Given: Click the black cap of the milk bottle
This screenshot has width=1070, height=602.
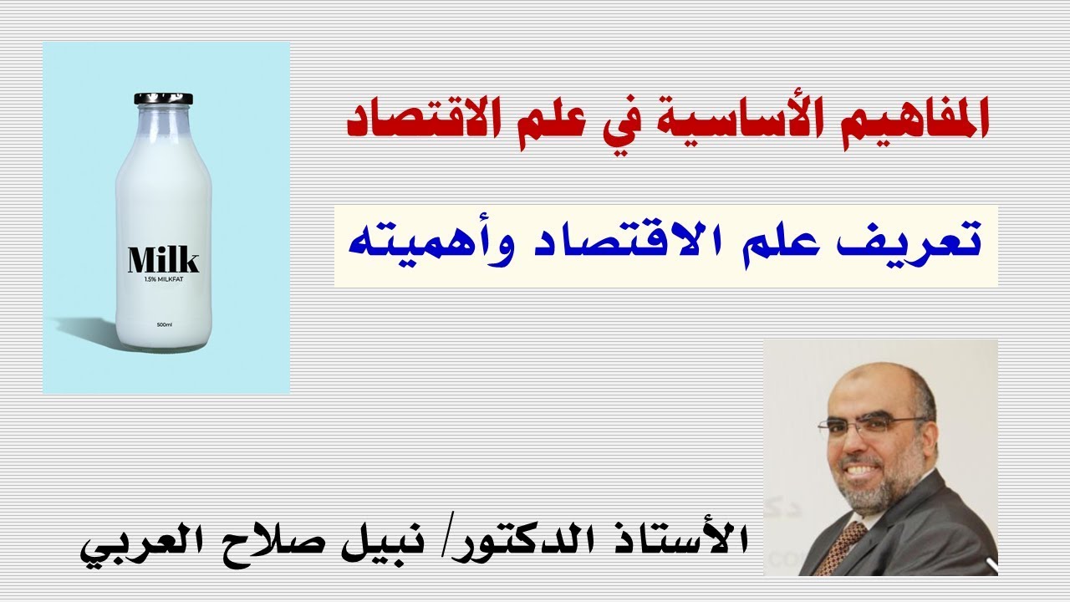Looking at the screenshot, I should (163, 99).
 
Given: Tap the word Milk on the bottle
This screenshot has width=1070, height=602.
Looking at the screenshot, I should (163, 260).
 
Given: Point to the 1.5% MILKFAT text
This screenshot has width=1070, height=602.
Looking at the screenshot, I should (163, 278).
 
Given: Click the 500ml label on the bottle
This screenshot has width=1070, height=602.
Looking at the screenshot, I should (164, 324).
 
